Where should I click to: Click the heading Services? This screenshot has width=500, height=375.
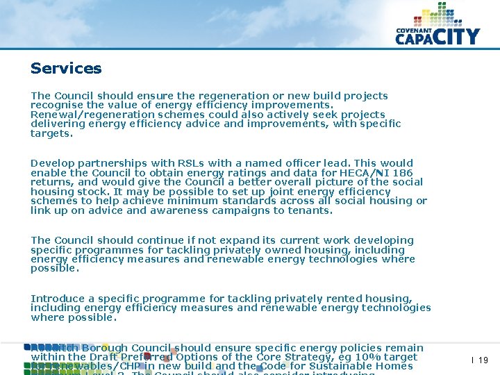tap(66, 68)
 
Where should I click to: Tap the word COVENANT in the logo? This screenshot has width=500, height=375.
tap(415, 31)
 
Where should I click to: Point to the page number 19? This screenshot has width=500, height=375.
tap(483, 360)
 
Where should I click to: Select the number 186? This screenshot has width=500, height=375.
tap(403, 173)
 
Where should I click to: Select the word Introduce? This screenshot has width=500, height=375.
tap(57, 298)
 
